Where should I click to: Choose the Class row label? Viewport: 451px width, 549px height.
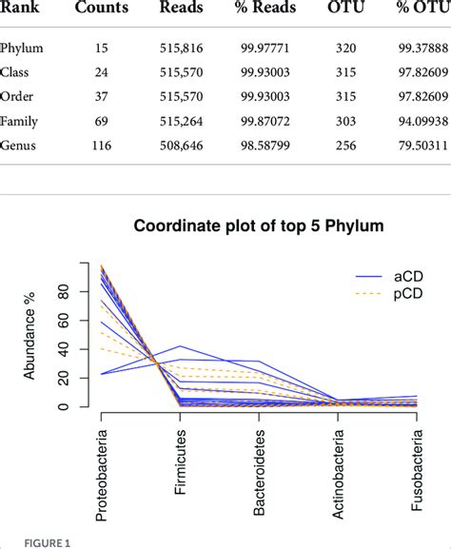[17, 71]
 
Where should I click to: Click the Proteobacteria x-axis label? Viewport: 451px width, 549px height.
[103, 473]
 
